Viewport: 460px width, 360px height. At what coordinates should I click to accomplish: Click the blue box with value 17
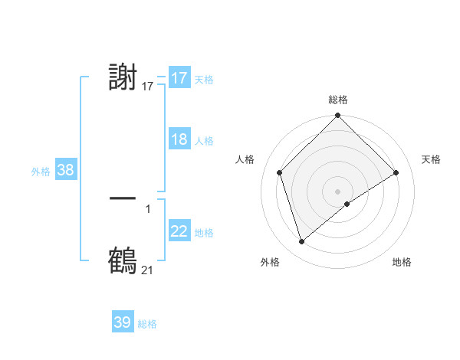click(179, 78)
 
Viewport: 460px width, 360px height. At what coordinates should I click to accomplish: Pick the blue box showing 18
click(179, 139)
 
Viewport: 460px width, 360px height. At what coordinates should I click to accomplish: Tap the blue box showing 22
click(179, 231)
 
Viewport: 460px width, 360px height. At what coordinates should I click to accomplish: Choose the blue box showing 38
click(65, 170)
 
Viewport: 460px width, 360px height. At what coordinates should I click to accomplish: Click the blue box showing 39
click(122, 322)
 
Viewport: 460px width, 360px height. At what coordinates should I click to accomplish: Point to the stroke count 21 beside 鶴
click(147, 270)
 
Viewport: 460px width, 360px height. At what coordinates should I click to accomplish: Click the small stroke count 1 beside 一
click(148, 209)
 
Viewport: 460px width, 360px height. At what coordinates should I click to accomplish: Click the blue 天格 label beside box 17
click(204, 79)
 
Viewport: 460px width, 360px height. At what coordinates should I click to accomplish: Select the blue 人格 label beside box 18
click(204, 141)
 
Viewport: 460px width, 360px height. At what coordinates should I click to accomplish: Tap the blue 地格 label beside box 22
click(204, 233)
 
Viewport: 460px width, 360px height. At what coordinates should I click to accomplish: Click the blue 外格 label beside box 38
click(41, 172)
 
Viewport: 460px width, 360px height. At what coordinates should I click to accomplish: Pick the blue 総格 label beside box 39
click(147, 324)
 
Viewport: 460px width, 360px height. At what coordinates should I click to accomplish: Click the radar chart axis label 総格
click(338, 100)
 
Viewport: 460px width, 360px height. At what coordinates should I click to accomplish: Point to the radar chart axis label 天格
click(432, 159)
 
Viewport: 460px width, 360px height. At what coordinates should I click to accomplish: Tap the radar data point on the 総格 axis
click(338, 116)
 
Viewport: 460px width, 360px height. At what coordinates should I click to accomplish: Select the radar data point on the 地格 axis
click(347, 204)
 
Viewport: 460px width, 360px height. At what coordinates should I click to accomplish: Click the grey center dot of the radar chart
click(338, 191)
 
